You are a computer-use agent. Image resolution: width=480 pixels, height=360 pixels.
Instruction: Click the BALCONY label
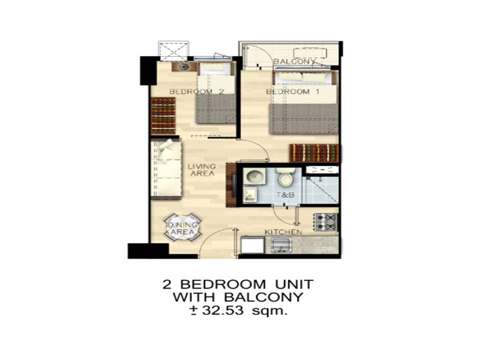tap(294, 61)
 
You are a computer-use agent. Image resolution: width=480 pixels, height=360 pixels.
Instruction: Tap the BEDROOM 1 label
tap(292, 91)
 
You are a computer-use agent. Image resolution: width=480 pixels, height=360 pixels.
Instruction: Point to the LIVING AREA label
tap(201, 170)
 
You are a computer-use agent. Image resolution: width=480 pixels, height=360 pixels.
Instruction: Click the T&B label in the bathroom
tap(285, 194)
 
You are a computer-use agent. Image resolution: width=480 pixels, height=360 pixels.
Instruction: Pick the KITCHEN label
tap(283, 232)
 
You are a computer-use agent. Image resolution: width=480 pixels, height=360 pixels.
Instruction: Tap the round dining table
tap(182, 228)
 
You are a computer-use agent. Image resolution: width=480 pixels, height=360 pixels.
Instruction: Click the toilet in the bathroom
tap(285, 177)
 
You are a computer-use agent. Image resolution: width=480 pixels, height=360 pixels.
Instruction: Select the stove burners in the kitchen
tap(325, 222)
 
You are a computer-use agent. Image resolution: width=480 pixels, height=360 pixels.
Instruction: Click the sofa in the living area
tap(166, 169)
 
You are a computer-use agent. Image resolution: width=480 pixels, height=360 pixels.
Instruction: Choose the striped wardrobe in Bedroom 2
tap(163, 115)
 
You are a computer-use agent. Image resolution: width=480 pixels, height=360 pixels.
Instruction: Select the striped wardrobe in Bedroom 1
tap(314, 153)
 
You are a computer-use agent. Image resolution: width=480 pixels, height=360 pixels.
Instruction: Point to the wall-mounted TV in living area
tap(234, 185)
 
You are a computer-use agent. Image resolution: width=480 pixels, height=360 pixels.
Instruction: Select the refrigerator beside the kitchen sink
tap(252, 244)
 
